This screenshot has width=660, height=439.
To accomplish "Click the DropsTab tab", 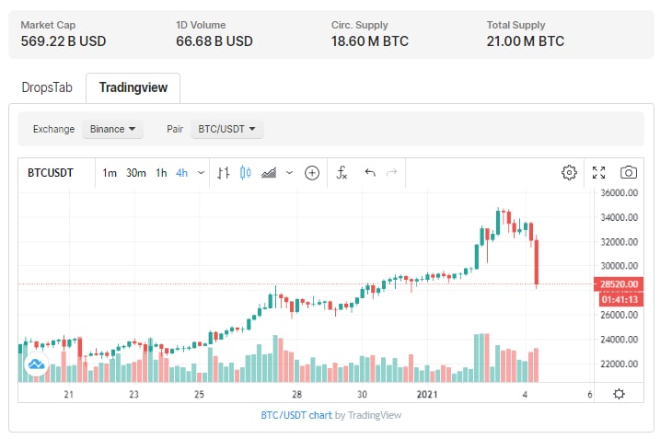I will click(x=46, y=87).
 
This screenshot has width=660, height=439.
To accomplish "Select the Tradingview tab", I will click(x=133, y=87).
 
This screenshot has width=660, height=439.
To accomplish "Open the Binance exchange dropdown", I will click(x=112, y=129).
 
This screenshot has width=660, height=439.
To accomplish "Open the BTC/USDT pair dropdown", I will click(x=226, y=129).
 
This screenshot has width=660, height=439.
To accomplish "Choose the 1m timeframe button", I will click(x=110, y=172).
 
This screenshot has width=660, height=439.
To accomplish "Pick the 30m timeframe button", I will click(x=136, y=172).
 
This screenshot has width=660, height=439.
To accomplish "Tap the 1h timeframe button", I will click(x=161, y=172).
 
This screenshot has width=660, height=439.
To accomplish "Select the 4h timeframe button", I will click(x=182, y=172).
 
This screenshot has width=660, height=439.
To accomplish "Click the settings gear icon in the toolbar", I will click(x=569, y=172).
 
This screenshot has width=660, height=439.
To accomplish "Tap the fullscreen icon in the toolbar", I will click(x=598, y=172).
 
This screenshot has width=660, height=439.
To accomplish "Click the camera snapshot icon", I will click(x=629, y=172).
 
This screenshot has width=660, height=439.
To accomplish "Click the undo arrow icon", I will click(x=370, y=172).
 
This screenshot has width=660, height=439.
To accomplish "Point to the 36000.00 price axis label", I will click(x=620, y=193).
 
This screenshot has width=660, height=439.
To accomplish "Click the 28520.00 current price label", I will click(x=620, y=285).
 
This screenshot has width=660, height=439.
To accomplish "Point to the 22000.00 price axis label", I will click(x=620, y=364).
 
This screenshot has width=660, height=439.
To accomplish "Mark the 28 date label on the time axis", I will click(x=296, y=394).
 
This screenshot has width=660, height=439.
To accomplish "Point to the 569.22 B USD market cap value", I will click(x=64, y=40).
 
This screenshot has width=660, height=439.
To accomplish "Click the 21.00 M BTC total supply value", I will click(x=526, y=40).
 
